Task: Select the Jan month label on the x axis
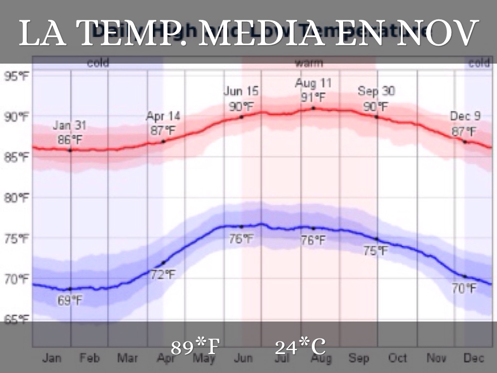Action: (x=52, y=358)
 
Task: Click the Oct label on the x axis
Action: (x=398, y=358)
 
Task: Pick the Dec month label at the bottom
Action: (x=474, y=358)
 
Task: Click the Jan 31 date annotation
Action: (x=70, y=126)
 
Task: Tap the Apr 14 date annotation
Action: (x=163, y=117)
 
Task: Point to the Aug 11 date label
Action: (x=313, y=83)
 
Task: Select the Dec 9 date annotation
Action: (x=464, y=117)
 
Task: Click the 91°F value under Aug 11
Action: (x=313, y=97)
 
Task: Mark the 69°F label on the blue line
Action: (x=70, y=301)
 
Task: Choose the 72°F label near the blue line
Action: (x=162, y=274)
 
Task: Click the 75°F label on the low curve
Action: (x=376, y=251)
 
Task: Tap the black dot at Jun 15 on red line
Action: (x=241, y=117)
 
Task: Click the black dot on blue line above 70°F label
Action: (x=464, y=276)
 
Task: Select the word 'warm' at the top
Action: (x=309, y=63)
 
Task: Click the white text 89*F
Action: (x=196, y=347)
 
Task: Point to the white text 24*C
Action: (x=300, y=347)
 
